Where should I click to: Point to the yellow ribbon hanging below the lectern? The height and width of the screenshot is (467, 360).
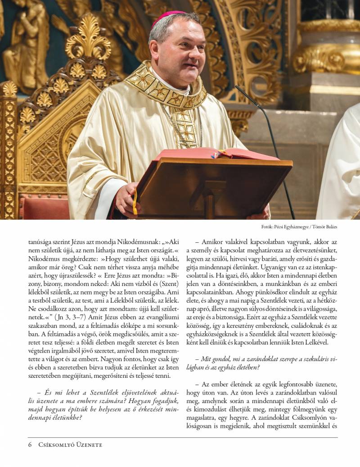(x=135, y=203)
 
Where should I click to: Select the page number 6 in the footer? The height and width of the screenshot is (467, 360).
(x=30, y=445)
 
